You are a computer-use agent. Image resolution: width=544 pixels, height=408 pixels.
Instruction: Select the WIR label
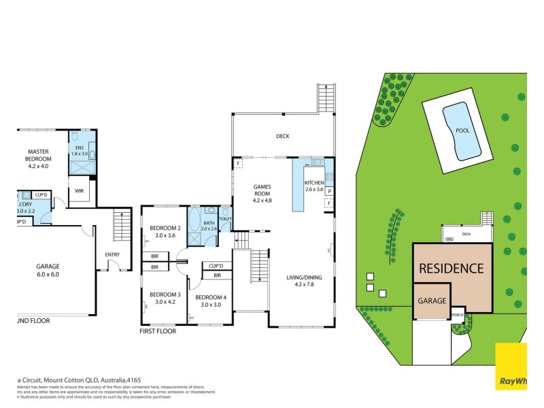[79, 191]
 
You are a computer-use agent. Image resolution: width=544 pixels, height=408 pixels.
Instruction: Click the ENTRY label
[112, 255]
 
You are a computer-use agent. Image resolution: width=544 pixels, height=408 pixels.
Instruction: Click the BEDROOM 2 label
[165, 232]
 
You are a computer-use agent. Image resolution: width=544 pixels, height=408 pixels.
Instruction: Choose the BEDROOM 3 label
[165, 298]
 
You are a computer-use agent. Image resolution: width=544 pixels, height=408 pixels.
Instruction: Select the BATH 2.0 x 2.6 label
[209, 225]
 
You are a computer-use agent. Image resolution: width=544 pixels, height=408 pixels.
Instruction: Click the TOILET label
[226, 218]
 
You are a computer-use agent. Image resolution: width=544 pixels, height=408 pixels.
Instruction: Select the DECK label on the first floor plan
[282, 136]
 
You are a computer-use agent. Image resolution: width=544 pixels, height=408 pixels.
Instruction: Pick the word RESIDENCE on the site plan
[451, 268]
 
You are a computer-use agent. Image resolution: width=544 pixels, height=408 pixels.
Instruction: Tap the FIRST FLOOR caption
[157, 332]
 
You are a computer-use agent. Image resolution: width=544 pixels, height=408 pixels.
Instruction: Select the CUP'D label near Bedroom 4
[217, 266]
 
